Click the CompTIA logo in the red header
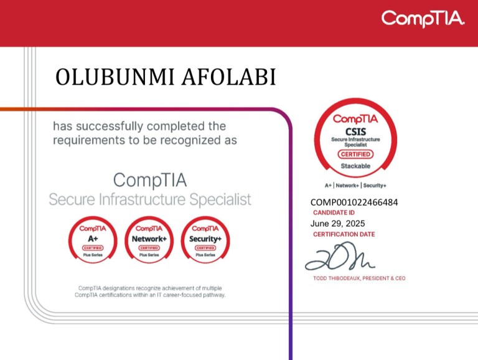(x=423, y=19)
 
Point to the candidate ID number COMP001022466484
(x=354, y=202)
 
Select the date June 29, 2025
(x=337, y=224)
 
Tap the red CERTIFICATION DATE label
(x=344, y=234)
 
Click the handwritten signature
(x=339, y=257)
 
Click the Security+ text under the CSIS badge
(x=375, y=186)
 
